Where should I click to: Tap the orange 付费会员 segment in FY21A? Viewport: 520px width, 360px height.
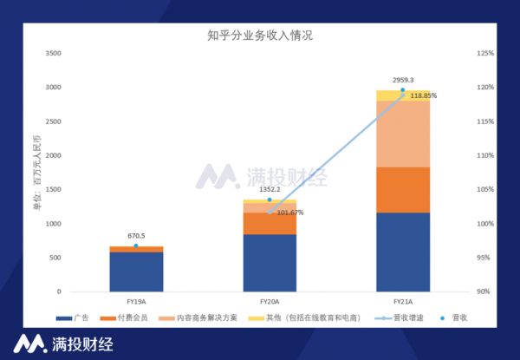point(403,189)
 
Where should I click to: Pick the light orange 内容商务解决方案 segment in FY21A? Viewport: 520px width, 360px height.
point(403,134)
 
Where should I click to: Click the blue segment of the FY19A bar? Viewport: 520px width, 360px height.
point(136,272)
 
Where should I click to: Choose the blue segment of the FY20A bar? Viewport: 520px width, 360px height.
point(270,263)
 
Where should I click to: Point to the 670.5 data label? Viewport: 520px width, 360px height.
point(135,236)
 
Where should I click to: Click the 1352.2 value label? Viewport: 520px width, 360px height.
point(270,190)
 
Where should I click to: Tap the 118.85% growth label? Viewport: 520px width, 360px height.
point(423,95)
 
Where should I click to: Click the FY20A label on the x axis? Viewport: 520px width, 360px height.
point(270,300)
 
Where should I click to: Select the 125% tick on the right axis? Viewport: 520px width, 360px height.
point(484,54)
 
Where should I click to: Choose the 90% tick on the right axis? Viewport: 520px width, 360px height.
point(484,291)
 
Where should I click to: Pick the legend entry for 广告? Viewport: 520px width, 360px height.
point(76,318)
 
